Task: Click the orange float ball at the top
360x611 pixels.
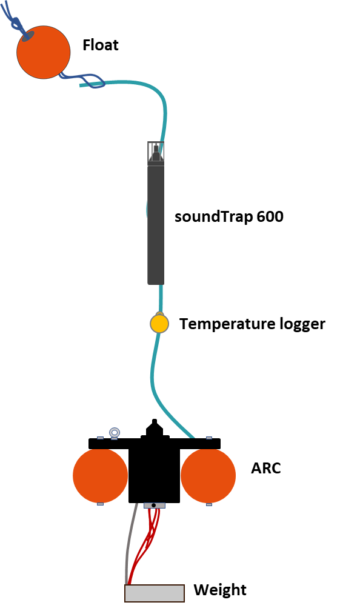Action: pyautogui.click(x=43, y=52)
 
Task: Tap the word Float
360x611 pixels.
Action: pyautogui.click(x=101, y=45)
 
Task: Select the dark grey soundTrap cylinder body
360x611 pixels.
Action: pyautogui.click(x=156, y=225)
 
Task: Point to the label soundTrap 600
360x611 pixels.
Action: pyautogui.click(x=229, y=216)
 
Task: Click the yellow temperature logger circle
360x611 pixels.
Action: pyautogui.click(x=159, y=324)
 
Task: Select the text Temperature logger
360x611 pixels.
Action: pyautogui.click(x=252, y=324)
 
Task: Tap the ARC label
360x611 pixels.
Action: pyautogui.click(x=266, y=468)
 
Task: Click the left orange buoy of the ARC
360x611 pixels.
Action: pyautogui.click(x=100, y=475)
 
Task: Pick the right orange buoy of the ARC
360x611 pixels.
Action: pyautogui.click(x=208, y=475)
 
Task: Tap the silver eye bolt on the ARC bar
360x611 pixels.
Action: pyautogui.click(x=115, y=433)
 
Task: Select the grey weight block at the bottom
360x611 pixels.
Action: pyautogui.click(x=155, y=593)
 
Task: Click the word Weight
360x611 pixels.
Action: pyautogui.click(x=220, y=590)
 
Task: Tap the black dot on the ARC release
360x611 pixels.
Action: pyautogui.click(x=153, y=506)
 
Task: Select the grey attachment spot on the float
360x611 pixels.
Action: pyautogui.click(x=27, y=36)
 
